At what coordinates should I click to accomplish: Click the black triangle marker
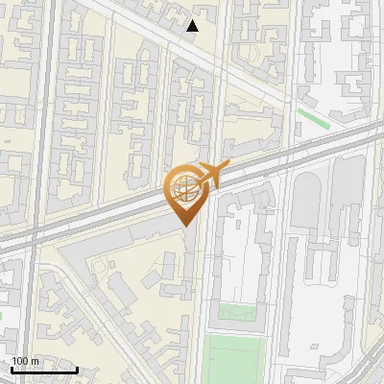tap(193, 26)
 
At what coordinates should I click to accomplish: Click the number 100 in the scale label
tap(19, 361)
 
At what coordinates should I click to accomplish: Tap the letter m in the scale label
tap(35, 361)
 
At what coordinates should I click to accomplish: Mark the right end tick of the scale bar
tap(77, 369)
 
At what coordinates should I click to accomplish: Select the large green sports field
tap(234, 359)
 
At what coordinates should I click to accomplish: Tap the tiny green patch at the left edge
tap(2, 317)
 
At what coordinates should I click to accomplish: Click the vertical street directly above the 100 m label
tap(32, 307)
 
